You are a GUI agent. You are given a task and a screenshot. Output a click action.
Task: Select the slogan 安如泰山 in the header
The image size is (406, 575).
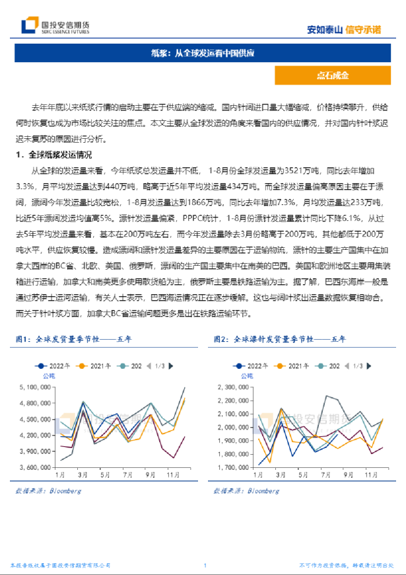pos(325,29)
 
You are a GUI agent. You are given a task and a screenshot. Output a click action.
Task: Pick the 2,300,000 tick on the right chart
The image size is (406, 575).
pos(241,387)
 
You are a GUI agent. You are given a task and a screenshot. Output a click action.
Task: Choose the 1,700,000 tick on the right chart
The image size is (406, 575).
pos(241,467)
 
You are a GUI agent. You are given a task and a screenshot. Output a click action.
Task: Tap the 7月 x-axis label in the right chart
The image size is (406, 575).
pos(320,475)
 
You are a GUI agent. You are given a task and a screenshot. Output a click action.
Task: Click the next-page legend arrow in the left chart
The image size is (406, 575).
pos(172,365)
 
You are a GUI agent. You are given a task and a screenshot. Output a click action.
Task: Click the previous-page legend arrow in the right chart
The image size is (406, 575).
pos(346,365)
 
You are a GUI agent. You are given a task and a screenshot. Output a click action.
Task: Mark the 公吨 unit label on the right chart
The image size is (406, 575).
pos(247,376)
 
